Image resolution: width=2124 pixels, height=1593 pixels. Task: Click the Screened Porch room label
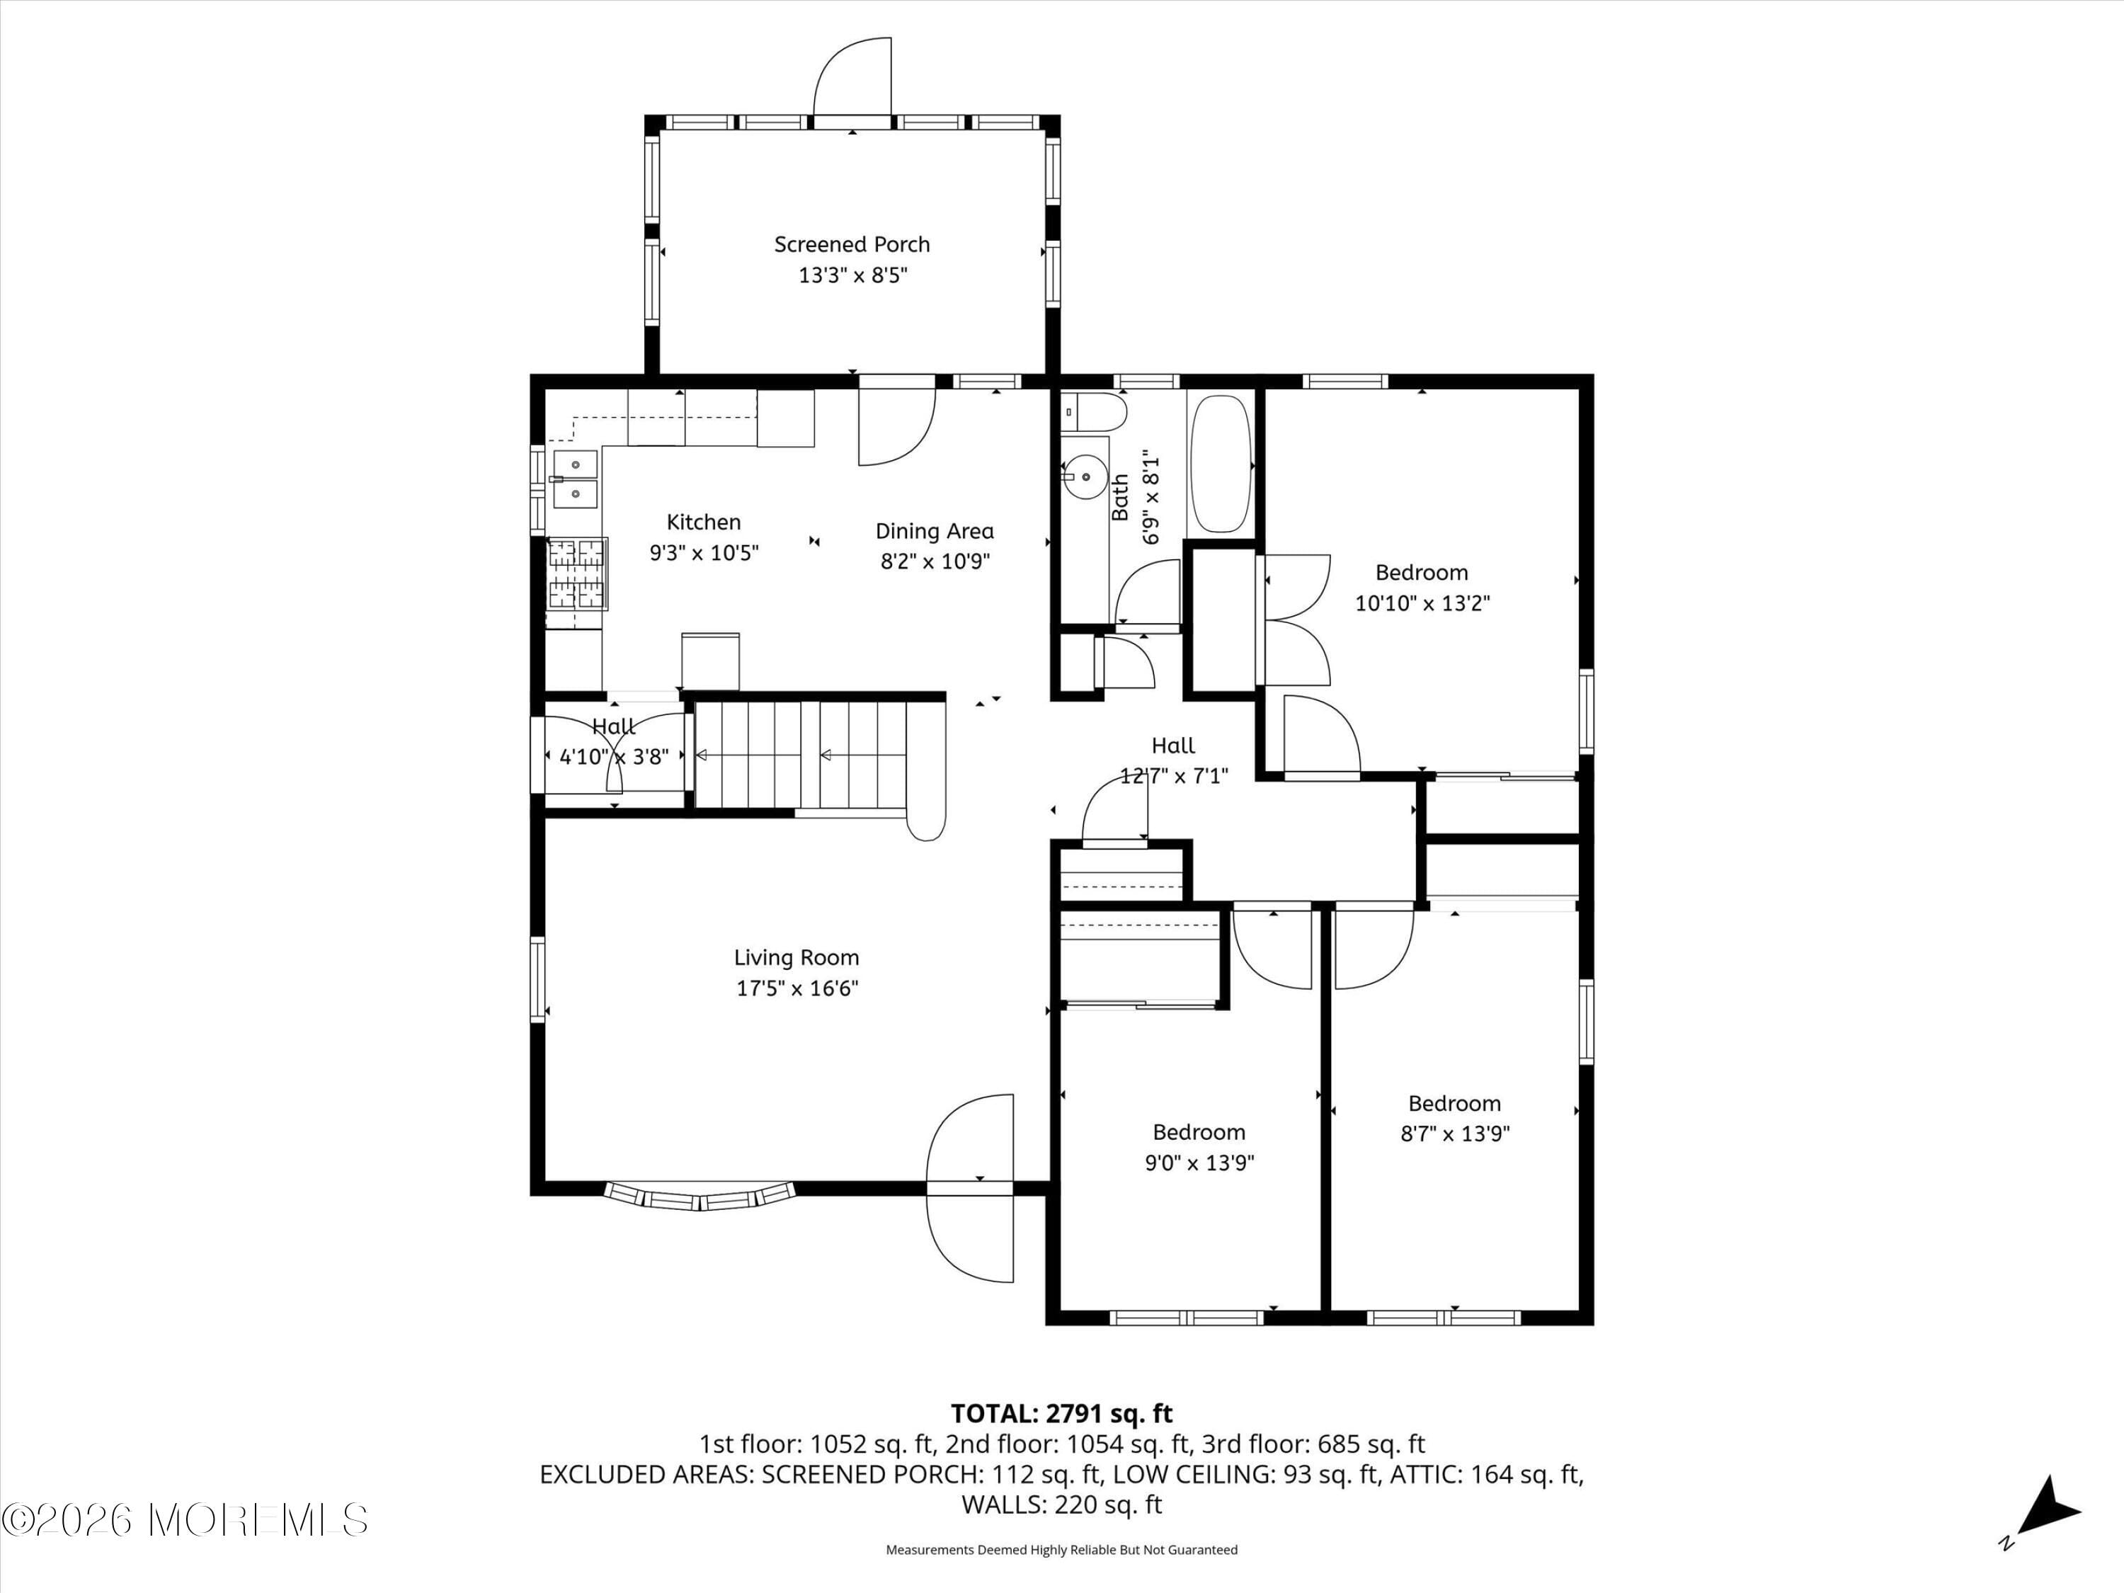point(852,245)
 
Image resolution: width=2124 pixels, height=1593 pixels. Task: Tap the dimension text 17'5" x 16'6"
point(797,988)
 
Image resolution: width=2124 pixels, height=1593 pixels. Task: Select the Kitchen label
point(704,523)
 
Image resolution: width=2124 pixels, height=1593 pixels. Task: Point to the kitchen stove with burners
point(576,574)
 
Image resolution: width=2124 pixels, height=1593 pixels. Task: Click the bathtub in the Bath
point(1221,463)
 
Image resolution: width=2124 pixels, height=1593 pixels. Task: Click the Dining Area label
point(935,531)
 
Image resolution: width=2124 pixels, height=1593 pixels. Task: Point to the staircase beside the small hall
point(801,755)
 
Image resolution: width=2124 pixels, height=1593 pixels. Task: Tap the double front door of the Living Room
point(970,1188)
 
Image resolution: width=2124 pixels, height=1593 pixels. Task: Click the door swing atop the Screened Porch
point(852,79)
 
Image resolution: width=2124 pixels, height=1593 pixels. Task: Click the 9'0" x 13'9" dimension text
point(1199,1163)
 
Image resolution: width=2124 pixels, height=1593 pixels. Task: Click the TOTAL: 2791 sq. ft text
point(1061,1413)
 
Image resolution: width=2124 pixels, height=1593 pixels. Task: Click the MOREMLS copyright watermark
point(184,1520)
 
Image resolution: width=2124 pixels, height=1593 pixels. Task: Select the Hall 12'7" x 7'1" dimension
point(1173,776)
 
